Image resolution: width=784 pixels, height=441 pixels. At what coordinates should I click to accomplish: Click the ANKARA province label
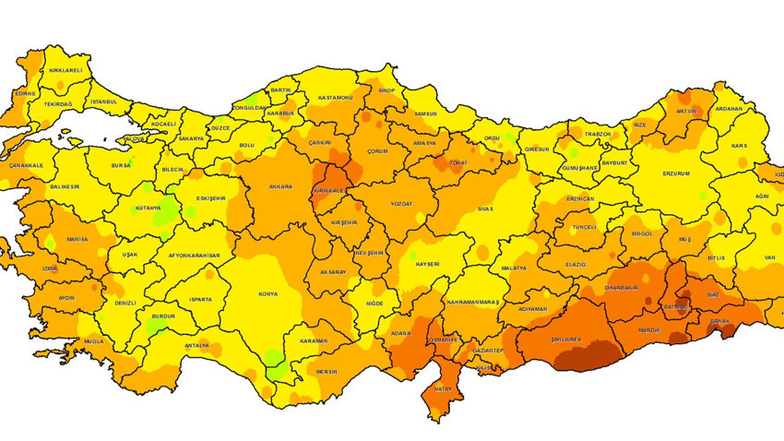[280, 187]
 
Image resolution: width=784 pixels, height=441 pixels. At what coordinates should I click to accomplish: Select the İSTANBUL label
[104, 101]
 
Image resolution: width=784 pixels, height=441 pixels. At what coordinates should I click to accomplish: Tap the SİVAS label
[485, 209]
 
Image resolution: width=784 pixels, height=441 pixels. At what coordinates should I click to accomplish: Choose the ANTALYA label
[196, 346]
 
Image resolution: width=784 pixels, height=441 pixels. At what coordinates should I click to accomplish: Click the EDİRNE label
[26, 93]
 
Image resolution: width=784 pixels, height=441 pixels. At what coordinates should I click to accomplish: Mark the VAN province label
[743, 259]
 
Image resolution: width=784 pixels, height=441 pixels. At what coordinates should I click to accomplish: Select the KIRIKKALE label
[329, 190]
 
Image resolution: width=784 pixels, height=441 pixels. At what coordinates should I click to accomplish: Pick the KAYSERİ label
[426, 264]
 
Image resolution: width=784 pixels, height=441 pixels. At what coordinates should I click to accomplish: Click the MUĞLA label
[94, 341]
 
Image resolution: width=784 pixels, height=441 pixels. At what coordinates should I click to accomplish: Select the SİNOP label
[387, 91]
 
